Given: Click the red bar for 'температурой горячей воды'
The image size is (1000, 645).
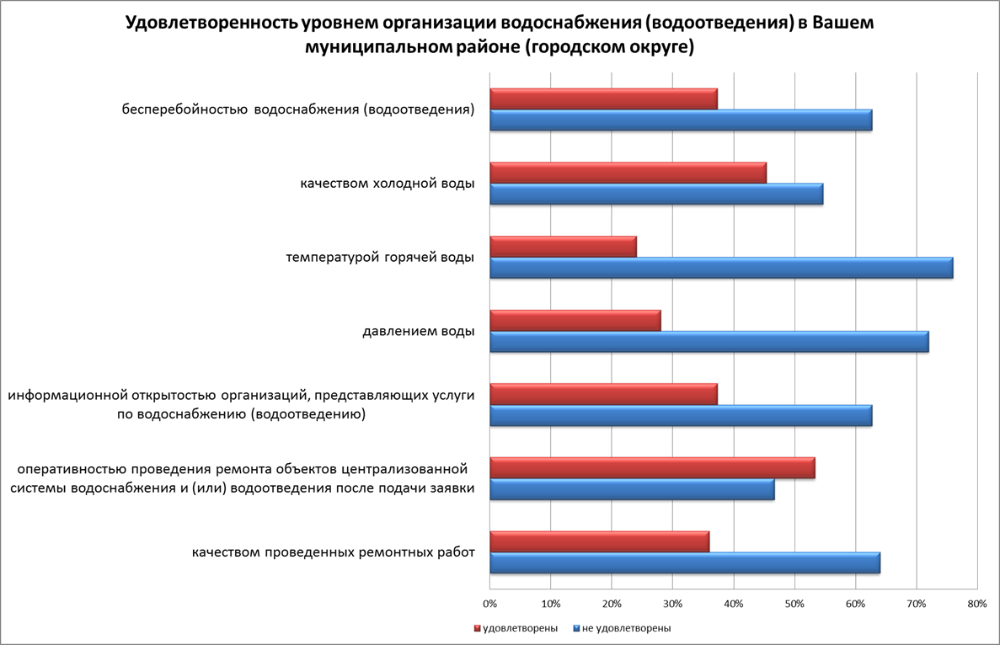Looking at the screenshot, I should tap(563, 247).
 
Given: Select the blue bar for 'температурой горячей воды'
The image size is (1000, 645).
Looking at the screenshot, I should tap(721, 268).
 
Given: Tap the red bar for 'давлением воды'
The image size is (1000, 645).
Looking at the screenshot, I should tap(575, 321).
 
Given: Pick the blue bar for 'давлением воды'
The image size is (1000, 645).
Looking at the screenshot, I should tap(709, 342).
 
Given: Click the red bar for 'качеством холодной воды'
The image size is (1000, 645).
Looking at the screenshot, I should tap(628, 173).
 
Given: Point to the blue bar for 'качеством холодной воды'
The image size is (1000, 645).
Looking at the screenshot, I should tap(656, 194).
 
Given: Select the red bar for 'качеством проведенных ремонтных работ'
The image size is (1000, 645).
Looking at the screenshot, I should tap(599, 542).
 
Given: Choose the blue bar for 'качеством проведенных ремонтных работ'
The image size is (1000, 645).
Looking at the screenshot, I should tap(685, 563).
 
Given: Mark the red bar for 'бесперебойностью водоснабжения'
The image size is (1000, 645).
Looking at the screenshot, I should tap(603, 99).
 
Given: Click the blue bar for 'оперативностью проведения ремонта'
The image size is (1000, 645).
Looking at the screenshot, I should tap(632, 489).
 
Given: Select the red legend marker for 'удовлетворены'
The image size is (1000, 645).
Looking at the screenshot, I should tap(478, 628).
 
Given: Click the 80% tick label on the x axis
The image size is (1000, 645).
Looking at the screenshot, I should tap(977, 604).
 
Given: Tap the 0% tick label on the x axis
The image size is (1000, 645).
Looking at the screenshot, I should tap(489, 604).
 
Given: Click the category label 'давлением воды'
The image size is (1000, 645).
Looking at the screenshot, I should tap(413, 331).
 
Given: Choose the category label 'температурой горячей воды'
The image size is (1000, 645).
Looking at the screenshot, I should tap(380, 257).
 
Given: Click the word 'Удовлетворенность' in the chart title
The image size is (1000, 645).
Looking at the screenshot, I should tap(210, 24).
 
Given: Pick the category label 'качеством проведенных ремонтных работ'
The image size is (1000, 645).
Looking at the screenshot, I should tap(333, 552).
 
